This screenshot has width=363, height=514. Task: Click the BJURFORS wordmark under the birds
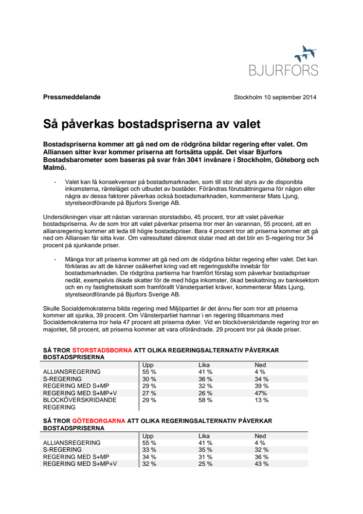tap(283, 70)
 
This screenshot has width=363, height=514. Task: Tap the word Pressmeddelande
tap(72, 97)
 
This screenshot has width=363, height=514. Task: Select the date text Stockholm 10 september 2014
tap(275, 97)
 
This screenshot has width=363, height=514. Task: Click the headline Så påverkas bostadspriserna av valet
tap(152, 124)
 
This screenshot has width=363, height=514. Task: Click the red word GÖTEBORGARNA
tap(98, 421)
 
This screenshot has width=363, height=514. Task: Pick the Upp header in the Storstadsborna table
tap(148, 365)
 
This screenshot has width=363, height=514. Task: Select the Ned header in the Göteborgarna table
tap(260, 436)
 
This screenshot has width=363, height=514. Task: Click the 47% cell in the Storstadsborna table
tap(262, 393)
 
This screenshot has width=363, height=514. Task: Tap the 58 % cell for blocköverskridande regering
tap(205, 400)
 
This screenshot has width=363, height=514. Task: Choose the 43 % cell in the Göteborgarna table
tap(262, 464)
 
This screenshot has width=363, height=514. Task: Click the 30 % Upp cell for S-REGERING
tap(149, 379)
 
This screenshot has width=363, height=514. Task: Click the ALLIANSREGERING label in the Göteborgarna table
tap(72, 442)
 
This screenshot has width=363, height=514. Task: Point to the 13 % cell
tap(261, 400)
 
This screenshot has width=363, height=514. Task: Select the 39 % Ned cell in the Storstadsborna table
tap(262, 385)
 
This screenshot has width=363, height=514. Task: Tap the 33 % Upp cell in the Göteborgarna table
tap(149, 450)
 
